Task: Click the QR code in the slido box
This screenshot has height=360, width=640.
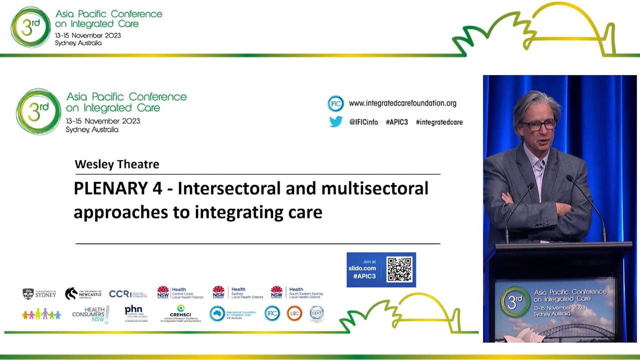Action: (399, 269)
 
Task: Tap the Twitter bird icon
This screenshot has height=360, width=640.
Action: (335, 121)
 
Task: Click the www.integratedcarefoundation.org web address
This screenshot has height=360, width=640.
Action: (402, 103)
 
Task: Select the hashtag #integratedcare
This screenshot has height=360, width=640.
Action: (439, 122)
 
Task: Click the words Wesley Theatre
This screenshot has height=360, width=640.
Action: (117, 164)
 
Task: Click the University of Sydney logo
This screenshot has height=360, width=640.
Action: (39, 293)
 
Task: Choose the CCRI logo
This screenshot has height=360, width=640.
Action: (127, 293)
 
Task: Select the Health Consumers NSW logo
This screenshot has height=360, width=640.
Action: (90, 314)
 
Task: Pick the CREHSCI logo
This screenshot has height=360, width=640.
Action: (180, 314)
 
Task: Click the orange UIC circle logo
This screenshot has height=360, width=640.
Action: (294, 313)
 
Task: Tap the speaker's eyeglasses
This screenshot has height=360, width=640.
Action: (539, 125)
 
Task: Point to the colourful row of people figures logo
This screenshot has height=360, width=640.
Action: (41, 314)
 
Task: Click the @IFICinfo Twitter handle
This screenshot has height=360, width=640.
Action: (363, 122)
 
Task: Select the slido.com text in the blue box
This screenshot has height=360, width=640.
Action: (362, 268)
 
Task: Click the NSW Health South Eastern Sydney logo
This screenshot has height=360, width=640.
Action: (297, 292)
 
